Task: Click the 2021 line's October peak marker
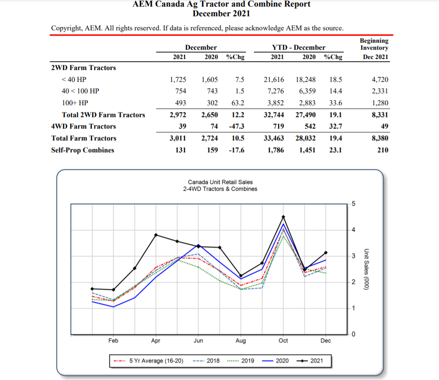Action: (283, 217)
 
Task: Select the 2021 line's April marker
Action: (156, 235)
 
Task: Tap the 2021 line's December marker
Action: (326, 252)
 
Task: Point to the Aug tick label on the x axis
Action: (241, 340)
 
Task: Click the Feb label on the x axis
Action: (113, 340)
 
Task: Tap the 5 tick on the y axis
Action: (355, 203)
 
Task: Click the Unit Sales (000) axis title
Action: (366, 269)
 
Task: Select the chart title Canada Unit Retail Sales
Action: (220, 182)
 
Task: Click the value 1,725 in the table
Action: (178, 80)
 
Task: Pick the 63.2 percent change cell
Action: (238, 103)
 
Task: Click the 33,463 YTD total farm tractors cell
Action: (273, 138)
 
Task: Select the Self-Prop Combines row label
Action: (83, 150)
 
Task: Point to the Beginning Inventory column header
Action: (374, 44)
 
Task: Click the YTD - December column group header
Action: (299, 48)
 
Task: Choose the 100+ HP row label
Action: (75, 103)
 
